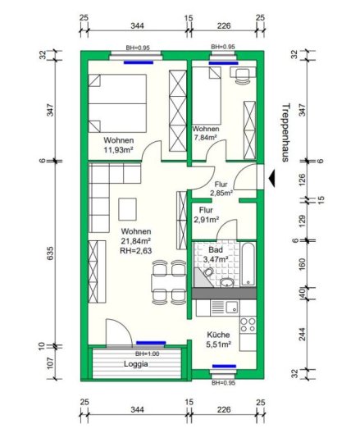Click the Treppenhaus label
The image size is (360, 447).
pyautogui.click(x=285, y=133)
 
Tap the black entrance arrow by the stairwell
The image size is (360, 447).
pyautogui.click(x=271, y=179)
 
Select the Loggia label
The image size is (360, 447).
pyautogui.click(x=136, y=364)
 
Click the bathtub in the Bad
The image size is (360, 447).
pyautogui.click(x=248, y=264)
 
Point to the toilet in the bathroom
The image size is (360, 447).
pyautogui.click(x=208, y=272)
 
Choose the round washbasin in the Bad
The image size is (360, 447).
pyautogui.click(x=227, y=283)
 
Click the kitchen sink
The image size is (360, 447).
pyautogui.click(x=232, y=308)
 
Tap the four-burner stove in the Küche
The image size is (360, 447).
pyautogui.click(x=248, y=325)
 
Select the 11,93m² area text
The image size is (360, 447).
pyautogui.click(x=119, y=149)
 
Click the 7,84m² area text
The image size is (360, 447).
pyautogui.click(x=205, y=137)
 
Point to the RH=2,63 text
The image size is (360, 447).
pyautogui.click(x=135, y=251)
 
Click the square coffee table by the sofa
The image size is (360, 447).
pyautogui.click(x=127, y=209)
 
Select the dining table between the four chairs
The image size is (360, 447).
pyautogui.click(x=169, y=283)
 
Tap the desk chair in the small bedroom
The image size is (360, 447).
pyautogui.click(x=243, y=76)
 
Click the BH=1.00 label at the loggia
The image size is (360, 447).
pyautogui.click(x=147, y=353)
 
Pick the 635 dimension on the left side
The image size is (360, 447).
pyautogui.click(x=50, y=253)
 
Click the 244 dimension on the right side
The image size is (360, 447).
pyautogui.click(x=303, y=334)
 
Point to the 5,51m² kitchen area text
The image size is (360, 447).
pyautogui.click(x=218, y=344)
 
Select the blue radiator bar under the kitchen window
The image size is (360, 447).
pyautogui.click(x=225, y=366)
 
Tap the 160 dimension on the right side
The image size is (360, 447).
pyautogui.click(x=303, y=264)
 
